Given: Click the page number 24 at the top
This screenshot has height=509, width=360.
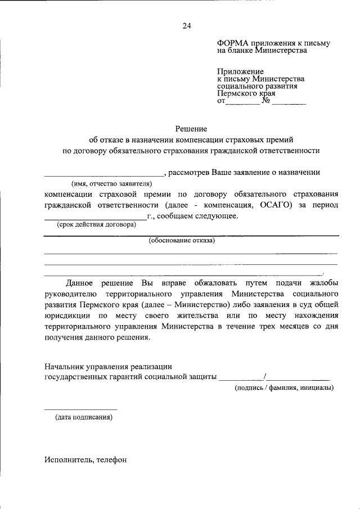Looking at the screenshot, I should click(x=187, y=25).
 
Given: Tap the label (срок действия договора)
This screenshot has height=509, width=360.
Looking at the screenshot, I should click(x=96, y=225).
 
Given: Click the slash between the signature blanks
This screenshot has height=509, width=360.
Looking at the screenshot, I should click(x=264, y=377).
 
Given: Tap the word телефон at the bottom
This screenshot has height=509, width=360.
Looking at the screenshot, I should click(x=112, y=460).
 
